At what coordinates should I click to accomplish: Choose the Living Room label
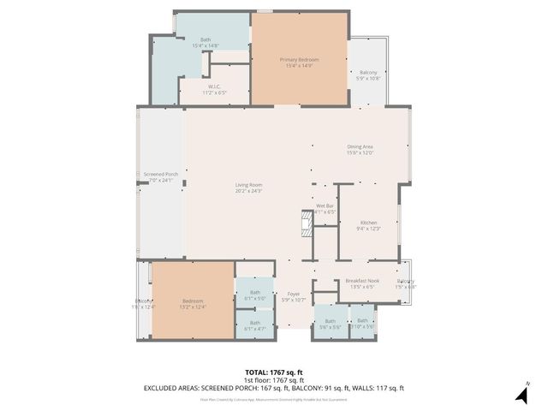(x=249, y=186)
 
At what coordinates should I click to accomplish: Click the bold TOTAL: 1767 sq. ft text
(x=274, y=372)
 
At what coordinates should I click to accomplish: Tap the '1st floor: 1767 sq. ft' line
(x=274, y=380)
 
